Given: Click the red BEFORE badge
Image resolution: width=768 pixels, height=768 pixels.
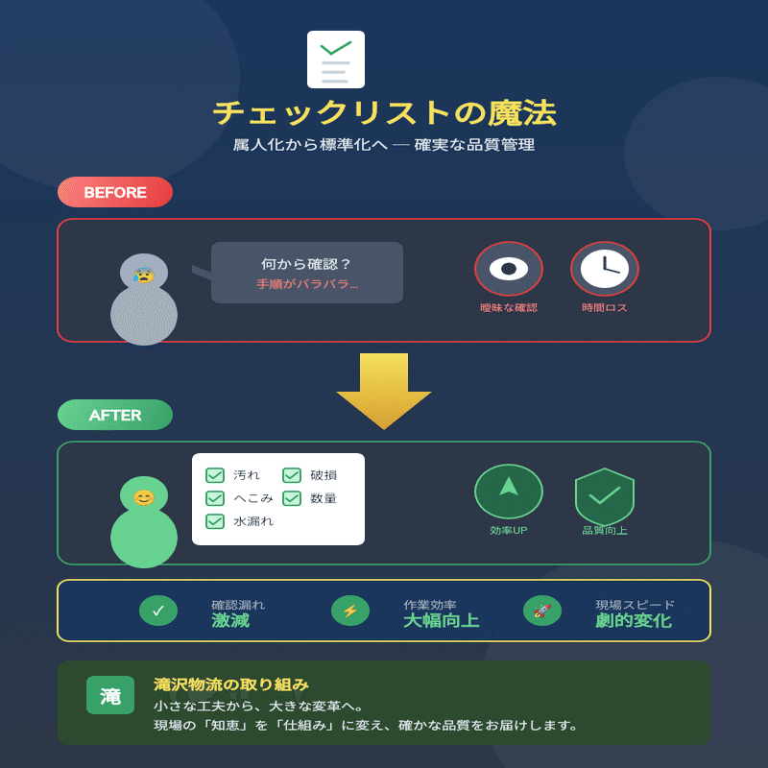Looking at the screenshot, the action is click(x=115, y=192).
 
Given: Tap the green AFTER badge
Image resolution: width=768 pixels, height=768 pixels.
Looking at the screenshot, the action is click(x=115, y=415).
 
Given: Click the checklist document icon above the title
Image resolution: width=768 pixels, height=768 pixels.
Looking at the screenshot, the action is click(x=336, y=60).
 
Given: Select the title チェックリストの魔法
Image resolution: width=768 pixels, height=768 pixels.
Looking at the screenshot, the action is click(x=384, y=113).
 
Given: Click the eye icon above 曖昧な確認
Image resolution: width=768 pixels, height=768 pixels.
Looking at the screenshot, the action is click(x=509, y=269).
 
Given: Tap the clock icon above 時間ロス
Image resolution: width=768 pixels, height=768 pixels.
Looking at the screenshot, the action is click(x=605, y=269).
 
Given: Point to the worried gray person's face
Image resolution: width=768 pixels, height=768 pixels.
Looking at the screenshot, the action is click(x=144, y=275).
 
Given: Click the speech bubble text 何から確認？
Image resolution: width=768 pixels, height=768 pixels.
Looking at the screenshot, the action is click(x=306, y=264).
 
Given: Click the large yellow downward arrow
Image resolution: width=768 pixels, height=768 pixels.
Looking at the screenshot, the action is click(x=384, y=389).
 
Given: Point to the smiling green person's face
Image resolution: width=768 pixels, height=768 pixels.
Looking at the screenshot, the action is click(x=144, y=497).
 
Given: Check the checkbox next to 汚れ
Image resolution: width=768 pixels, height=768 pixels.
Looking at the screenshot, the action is click(x=215, y=475).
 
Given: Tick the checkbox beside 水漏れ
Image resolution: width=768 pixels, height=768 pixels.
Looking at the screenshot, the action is click(x=215, y=521).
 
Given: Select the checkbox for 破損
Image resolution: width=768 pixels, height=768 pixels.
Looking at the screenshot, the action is click(x=292, y=475).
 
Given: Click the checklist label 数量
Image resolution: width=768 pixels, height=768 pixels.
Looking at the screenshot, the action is click(x=324, y=498).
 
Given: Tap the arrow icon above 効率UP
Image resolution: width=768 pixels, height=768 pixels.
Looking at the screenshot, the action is click(x=509, y=488).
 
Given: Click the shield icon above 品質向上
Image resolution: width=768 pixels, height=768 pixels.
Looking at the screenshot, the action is click(x=605, y=495).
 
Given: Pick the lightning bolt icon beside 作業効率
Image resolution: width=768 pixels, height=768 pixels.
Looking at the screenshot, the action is click(x=350, y=611).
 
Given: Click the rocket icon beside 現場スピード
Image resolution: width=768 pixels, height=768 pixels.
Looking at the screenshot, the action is click(x=542, y=611).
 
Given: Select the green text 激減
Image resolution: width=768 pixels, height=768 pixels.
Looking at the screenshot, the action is click(x=230, y=621).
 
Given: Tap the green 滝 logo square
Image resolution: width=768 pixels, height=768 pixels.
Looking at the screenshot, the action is click(x=110, y=695).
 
